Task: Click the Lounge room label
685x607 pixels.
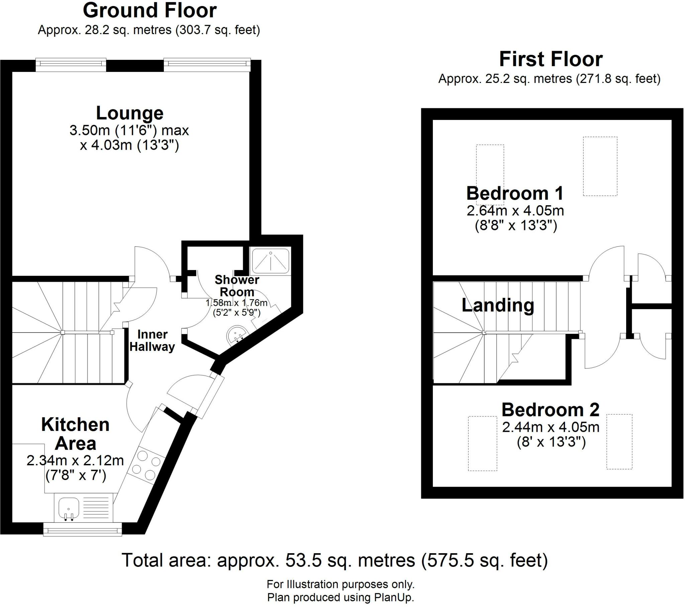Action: (x=130, y=113)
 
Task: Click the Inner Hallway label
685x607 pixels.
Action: (x=152, y=341)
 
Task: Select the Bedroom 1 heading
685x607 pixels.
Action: (x=515, y=194)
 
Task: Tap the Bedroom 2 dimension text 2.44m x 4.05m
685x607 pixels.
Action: (x=551, y=427)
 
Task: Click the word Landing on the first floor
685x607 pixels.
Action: (x=498, y=305)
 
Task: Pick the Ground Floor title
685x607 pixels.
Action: (x=150, y=11)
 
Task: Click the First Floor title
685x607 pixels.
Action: (x=551, y=59)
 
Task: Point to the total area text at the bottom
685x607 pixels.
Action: (x=334, y=560)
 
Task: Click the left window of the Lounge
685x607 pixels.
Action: (x=71, y=64)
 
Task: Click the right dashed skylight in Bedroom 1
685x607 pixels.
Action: (x=600, y=166)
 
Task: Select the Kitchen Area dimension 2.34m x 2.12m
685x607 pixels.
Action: (x=75, y=461)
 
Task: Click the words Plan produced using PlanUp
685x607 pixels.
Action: (x=340, y=598)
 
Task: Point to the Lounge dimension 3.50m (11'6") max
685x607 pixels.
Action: (x=129, y=130)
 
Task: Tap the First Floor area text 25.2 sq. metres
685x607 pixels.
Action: (x=549, y=79)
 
